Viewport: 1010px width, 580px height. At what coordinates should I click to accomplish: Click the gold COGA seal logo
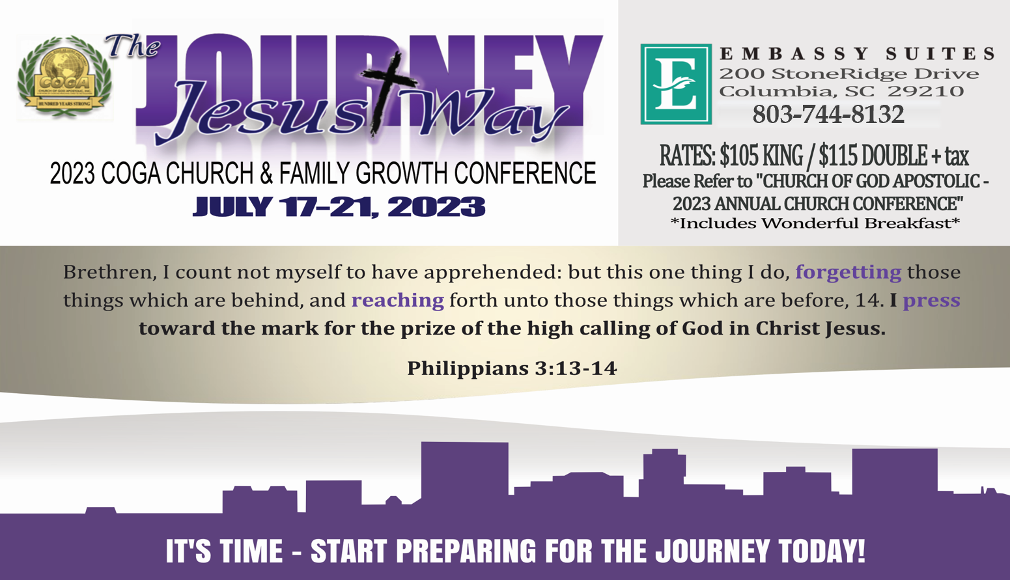64,77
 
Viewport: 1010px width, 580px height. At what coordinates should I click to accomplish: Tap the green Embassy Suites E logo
676,84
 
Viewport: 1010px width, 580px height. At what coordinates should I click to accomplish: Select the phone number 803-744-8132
828,114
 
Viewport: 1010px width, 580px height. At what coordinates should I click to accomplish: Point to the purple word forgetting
848,272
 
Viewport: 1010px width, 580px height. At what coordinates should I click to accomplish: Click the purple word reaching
398,300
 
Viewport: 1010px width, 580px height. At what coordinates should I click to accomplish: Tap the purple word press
931,301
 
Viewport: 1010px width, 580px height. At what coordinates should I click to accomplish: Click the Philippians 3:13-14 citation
512,368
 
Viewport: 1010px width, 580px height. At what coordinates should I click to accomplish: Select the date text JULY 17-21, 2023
339,207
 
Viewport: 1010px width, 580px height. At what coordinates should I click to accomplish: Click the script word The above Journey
133,46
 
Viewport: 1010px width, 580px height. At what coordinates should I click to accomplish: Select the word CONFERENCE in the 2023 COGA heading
525,173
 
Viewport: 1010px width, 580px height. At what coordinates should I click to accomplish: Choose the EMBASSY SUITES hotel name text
857,53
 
